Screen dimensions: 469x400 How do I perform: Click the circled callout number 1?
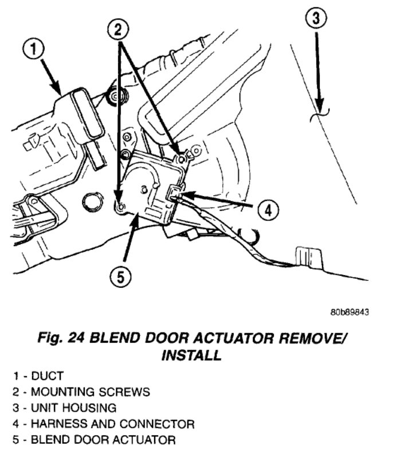34,50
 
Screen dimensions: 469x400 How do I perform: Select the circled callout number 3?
315,19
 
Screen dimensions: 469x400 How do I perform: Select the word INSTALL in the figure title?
191,355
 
